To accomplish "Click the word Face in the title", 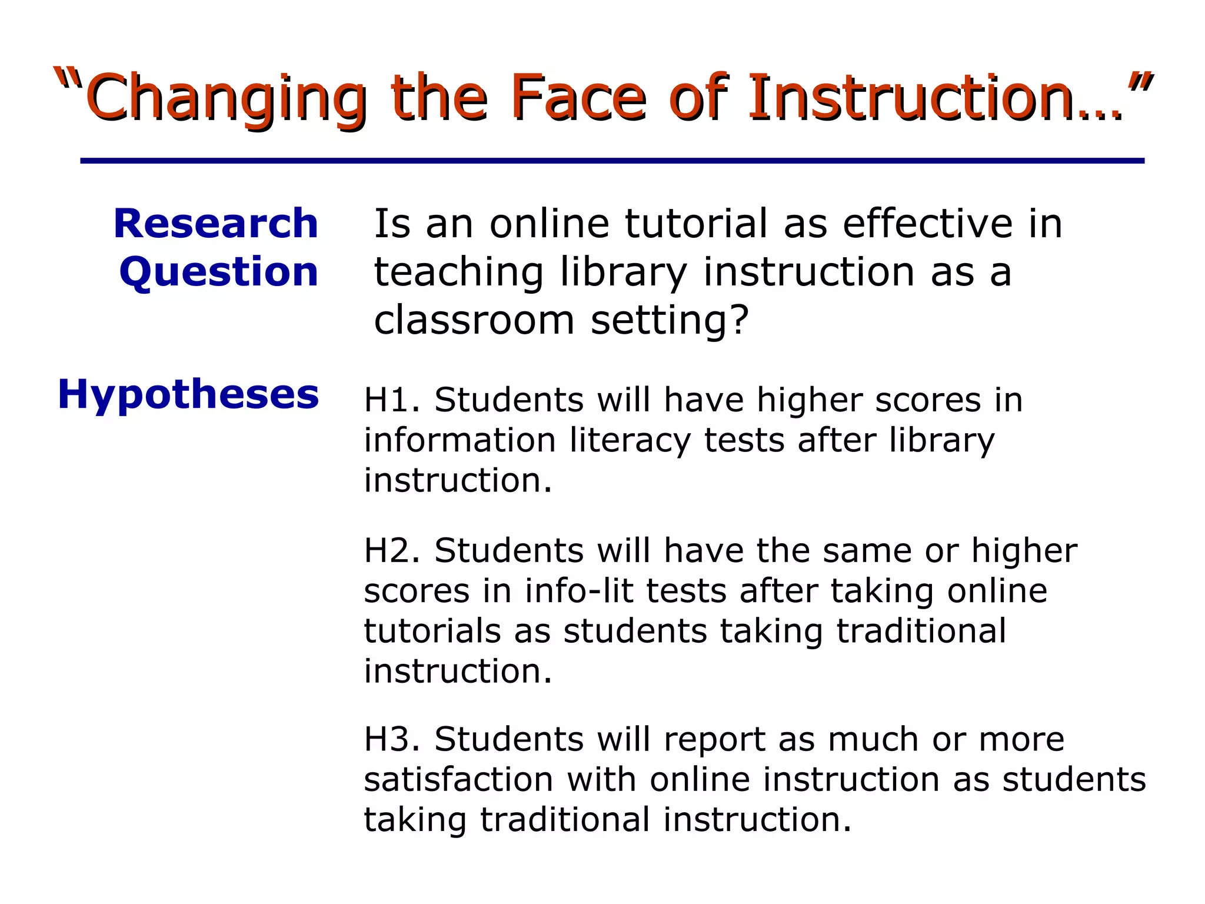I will point(579,97).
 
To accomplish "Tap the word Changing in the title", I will point(227,97).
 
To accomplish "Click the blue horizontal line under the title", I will point(612,161).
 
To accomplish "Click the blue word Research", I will point(215,224).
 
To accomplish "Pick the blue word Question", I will point(218,272).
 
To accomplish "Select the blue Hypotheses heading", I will point(188,395).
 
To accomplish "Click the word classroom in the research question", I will point(474,321).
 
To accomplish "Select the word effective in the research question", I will point(927,224).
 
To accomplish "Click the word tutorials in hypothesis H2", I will point(432,631).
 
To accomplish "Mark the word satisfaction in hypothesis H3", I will point(458,780).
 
